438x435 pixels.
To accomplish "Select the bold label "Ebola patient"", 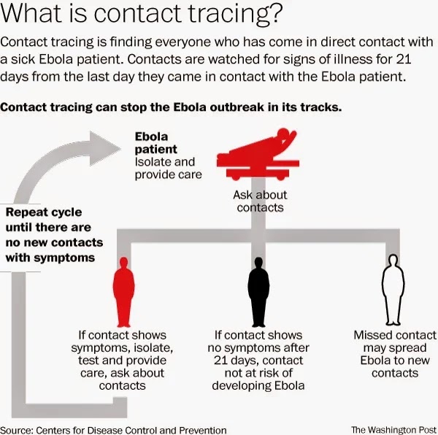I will tap(151, 143).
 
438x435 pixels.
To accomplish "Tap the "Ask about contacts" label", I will tap(260, 201).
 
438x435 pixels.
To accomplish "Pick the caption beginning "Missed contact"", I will tap(394, 354).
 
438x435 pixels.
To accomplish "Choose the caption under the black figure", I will tap(258, 361).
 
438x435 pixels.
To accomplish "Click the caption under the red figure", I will tap(122, 361).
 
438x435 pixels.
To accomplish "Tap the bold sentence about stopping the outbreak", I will tap(172, 107).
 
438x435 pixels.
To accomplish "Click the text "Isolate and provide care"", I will tap(168, 168).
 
